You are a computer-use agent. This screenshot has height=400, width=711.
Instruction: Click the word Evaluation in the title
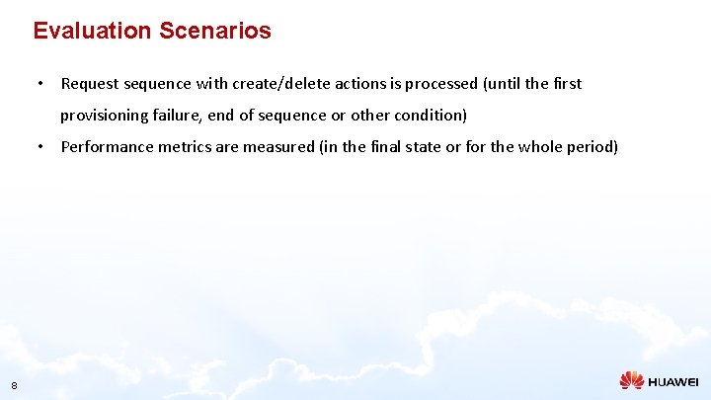click(x=90, y=31)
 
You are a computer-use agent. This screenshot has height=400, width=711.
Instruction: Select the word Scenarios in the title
click(x=212, y=31)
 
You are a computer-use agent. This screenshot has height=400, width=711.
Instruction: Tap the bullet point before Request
click(x=39, y=84)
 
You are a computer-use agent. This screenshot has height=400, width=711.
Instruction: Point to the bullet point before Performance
click(x=39, y=147)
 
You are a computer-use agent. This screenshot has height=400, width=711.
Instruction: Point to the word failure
click(x=177, y=116)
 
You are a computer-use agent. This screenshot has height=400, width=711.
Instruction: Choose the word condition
click(x=430, y=116)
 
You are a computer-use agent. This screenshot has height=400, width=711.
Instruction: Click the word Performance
click(x=105, y=147)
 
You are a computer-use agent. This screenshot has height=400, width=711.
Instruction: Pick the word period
click(x=591, y=147)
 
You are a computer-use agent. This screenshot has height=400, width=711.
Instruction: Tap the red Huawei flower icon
click(x=631, y=380)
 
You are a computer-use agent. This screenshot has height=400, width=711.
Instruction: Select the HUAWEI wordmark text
click(x=673, y=381)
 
